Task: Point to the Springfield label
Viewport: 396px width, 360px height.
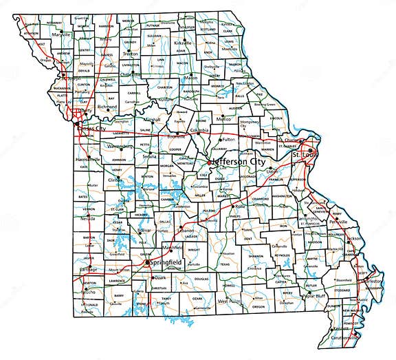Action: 162,263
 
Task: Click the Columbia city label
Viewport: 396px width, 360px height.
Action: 199,129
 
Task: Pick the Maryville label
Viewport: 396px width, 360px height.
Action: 61,34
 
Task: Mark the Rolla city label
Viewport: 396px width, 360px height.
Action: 240,206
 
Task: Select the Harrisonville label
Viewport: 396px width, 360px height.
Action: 87,159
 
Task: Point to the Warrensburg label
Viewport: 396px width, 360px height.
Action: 118,146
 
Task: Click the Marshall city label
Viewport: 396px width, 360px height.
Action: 153,118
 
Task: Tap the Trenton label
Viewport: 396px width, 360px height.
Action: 131,53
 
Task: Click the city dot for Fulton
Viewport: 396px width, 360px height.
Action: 220,140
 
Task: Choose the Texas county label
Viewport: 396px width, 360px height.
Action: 225,263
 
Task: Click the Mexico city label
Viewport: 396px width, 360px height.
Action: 223,119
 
